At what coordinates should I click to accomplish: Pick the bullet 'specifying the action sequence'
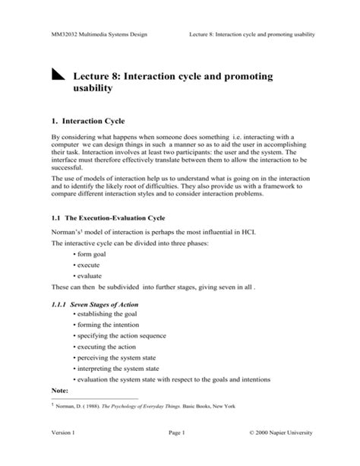(x=122, y=335)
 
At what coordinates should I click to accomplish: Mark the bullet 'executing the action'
(x=106, y=346)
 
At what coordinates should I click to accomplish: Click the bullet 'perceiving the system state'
(x=116, y=357)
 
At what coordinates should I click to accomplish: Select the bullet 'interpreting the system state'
(x=118, y=367)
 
